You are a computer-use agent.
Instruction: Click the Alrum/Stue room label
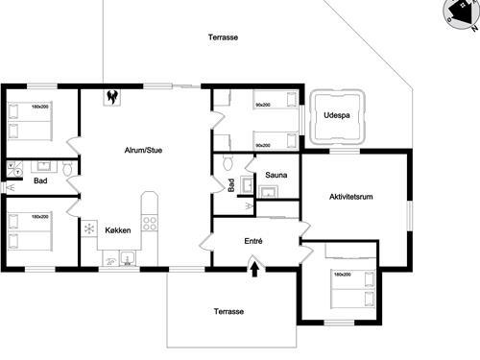pyautogui.click(x=143, y=151)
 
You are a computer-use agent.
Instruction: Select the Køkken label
pyautogui.click(x=118, y=231)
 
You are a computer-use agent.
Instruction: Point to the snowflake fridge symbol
pyautogui.click(x=89, y=228)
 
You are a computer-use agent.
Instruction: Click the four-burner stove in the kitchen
pyautogui.click(x=150, y=222)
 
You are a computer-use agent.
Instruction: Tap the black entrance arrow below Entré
pyautogui.click(x=254, y=270)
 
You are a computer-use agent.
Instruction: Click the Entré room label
pyautogui.click(x=254, y=241)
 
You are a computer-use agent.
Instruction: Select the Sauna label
pyautogui.click(x=276, y=176)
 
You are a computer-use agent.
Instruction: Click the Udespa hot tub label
pyautogui.click(x=337, y=115)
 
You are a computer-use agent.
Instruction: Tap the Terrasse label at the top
pyautogui.click(x=223, y=37)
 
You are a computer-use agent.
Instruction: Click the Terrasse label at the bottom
pyautogui.click(x=228, y=312)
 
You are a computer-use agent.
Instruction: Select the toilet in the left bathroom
pyautogui.click(x=67, y=169)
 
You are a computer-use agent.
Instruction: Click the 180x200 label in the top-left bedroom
pyautogui.click(x=40, y=107)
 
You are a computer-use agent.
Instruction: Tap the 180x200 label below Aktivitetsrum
pyautogui.click(x=343, y=275)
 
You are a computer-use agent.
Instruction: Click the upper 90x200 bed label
pyautogui.click(x=262, y=105)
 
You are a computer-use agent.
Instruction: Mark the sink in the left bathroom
pyautogui.click(x=43, y=165)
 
